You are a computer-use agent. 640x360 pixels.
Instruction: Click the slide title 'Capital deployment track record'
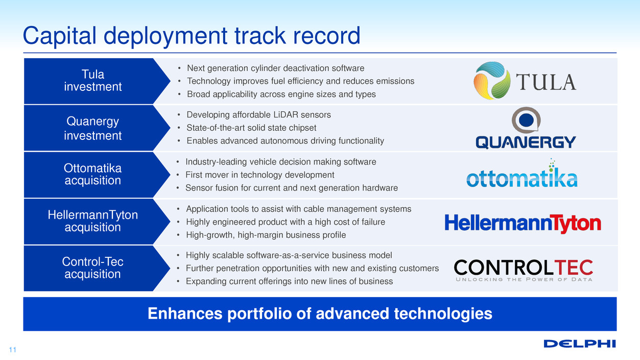[x=192, y=36]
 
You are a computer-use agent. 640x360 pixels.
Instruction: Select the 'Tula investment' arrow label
[x=93, y=81]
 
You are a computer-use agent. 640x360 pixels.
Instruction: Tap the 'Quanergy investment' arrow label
[x=93, y=128]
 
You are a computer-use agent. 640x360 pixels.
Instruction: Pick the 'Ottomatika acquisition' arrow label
[x=92, y=174]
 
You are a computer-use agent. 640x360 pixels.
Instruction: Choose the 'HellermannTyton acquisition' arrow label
[x=92, y=221]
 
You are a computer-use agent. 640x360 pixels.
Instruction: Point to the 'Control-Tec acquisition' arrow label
[x=92, y=268]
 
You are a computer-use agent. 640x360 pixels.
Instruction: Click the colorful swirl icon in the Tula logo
[x=492, y=81]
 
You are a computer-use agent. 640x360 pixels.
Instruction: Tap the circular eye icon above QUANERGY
[x=526, y=120]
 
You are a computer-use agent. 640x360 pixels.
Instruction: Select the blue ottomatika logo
[x=522, y=174]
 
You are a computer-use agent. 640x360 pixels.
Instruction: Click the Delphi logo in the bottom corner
[x=580, y=344]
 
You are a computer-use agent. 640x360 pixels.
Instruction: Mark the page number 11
[x=13, y=350]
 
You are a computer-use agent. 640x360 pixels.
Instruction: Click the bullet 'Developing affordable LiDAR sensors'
[x=258, y=115]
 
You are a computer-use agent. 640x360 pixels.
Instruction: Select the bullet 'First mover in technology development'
[x=259, y=175]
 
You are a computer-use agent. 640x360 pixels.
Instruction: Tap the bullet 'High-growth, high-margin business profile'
[x=266, y=235]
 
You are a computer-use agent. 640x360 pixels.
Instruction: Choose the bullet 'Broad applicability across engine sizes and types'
[x=281, y=94]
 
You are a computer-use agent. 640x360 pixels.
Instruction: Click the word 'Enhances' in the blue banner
[x=185, y=314]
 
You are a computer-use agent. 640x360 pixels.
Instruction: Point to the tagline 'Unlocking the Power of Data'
[x=524, y=279]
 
